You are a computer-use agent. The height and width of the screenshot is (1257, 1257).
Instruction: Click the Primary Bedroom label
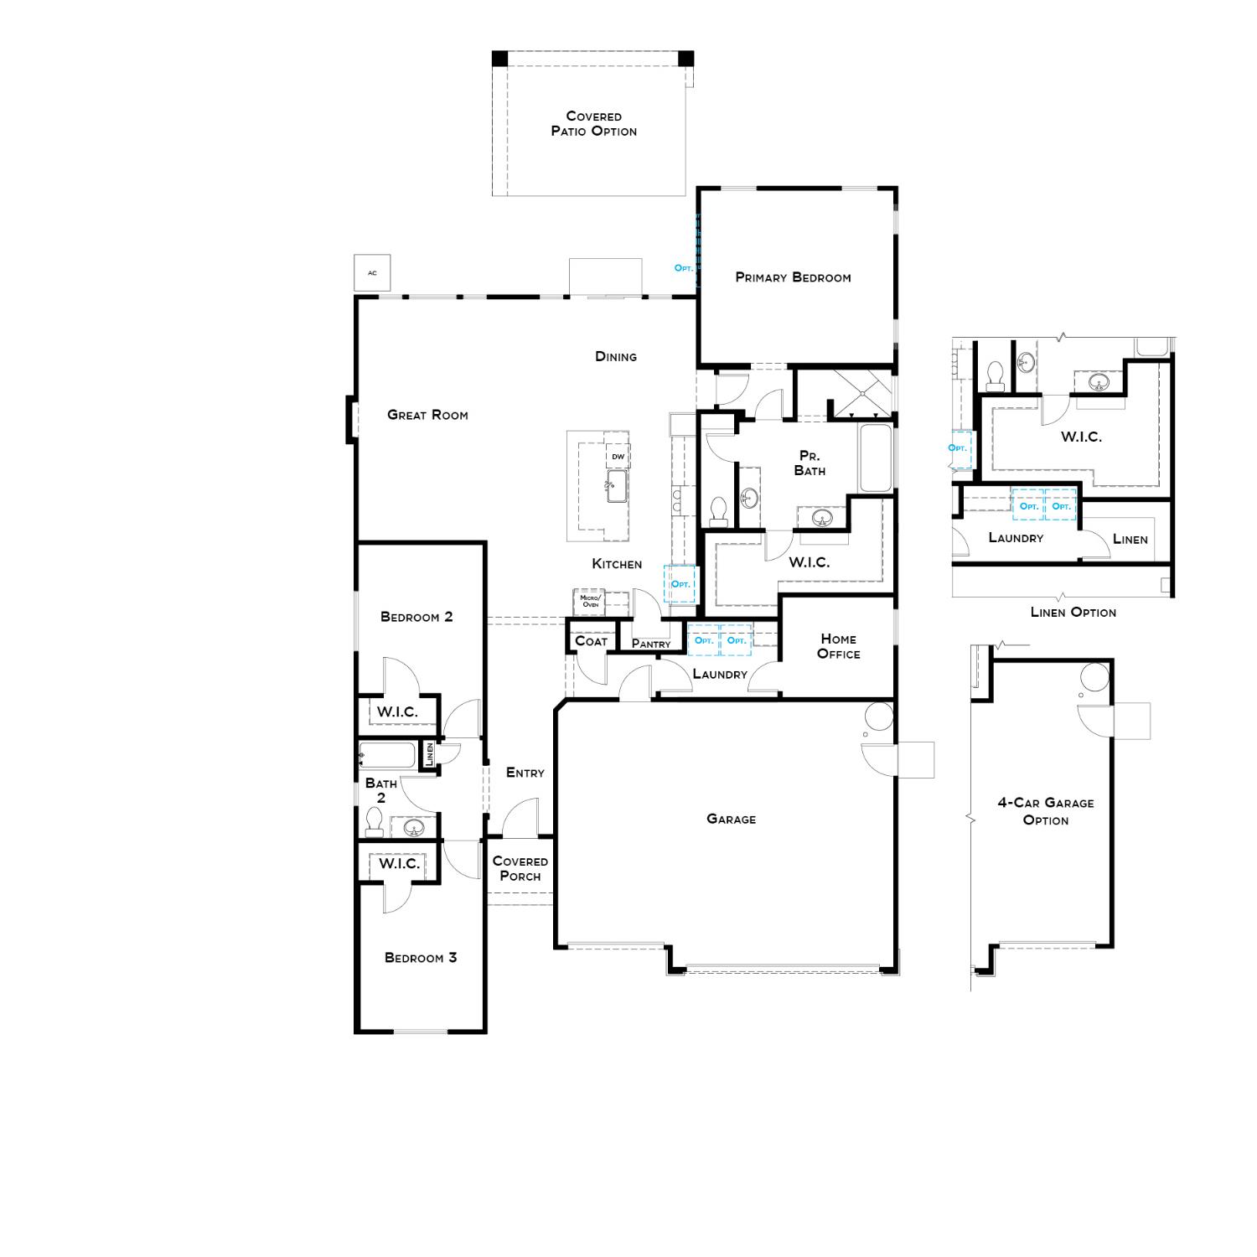coord(793,277)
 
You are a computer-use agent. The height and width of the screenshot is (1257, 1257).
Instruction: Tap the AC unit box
coord(372,273)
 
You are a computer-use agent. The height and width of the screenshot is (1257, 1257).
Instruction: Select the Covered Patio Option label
coord(593,124)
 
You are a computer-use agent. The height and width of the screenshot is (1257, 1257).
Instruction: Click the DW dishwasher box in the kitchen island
coord(618,457)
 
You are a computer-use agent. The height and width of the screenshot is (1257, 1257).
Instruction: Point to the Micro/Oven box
coord(590,602)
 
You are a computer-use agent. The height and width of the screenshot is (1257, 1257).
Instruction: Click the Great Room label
coord(427,415)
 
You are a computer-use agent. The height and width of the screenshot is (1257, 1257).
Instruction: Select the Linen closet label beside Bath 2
coord(430,754)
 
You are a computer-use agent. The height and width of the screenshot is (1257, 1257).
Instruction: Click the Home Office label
coord(838,646)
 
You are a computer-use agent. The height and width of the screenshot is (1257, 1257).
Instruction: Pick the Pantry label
coord(651,644)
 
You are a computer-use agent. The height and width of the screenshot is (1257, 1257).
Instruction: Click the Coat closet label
coord(591,641)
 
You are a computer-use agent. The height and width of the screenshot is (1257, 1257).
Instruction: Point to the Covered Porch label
coord(520,868)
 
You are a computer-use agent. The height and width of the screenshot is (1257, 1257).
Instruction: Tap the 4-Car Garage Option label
coord(1045,811)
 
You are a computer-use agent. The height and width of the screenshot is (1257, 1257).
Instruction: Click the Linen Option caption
coord(1073,613)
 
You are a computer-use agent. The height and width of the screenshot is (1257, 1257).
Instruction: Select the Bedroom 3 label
coord(421,958)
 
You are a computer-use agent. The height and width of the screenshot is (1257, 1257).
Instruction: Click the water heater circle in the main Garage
coord(879,717)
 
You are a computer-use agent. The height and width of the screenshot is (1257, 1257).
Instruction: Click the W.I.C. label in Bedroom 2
coord(396,712)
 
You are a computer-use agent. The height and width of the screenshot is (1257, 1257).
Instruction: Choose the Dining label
coord(616,357)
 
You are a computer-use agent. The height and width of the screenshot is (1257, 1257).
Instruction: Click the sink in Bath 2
coord(413,828)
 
